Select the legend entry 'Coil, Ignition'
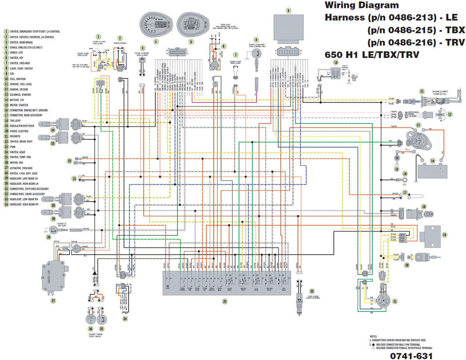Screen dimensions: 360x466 coord(17,79)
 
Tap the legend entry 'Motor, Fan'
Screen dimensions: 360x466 coord(16,163)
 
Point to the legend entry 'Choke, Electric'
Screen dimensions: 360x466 coord(19,131)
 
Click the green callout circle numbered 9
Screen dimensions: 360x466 coord(288,11)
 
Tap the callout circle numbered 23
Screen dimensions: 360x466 coord(225,301)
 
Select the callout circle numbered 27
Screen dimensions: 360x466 coord(53,301)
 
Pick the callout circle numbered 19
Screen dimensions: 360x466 coord(445,235)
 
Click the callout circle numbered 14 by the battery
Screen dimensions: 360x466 coord(433,161)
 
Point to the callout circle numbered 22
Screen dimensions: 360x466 coord(312,291)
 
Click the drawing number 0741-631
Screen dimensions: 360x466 coord(411,356)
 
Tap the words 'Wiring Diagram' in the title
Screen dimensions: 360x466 coord(362,5)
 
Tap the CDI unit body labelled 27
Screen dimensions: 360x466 coord(53,277)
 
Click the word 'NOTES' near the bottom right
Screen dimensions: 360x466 coord(373,336)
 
